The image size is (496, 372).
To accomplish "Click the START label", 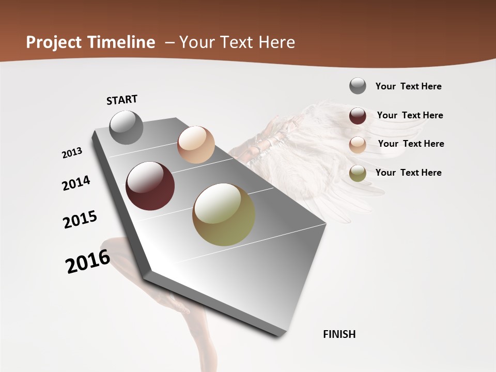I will click(122, 100).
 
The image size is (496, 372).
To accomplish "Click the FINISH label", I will click(339, 334).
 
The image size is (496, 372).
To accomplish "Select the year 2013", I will click(72, 152).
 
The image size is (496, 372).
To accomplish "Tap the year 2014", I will click(76, 183).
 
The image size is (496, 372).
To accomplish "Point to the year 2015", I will click(80, 220).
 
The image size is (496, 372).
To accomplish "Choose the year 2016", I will click(88, 261).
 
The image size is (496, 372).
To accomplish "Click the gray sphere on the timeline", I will click(126, 127).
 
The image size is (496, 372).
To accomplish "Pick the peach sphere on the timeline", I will click(196, 145).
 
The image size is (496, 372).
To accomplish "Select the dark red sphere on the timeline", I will click(150, 186).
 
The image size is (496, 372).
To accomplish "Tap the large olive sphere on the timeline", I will click(224, 214).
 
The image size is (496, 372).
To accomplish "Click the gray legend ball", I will click(358, 86).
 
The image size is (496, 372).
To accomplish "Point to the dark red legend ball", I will click(358, 116).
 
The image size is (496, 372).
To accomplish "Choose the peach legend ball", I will click(358, 145).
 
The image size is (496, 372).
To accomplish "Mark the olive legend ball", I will click(358, 173).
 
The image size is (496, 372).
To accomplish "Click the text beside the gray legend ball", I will click(408, 86).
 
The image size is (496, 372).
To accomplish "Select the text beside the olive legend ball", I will click(408, 173).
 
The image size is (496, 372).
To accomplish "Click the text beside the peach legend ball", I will click(411, 144).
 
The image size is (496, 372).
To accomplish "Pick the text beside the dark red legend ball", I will click(410, 115).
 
